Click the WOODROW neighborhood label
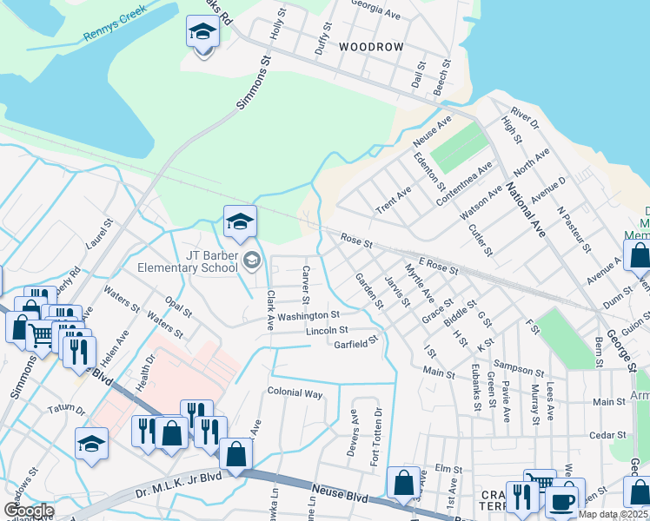point(371,46)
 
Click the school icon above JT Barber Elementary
point(240,221)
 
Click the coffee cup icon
point(561,502)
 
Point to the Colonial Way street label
point(295,393)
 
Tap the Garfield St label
point(357,342)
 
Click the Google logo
point(30,511)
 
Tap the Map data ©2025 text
point(614,515)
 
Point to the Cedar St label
point(608,435)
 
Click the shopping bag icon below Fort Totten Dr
point(403,484)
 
